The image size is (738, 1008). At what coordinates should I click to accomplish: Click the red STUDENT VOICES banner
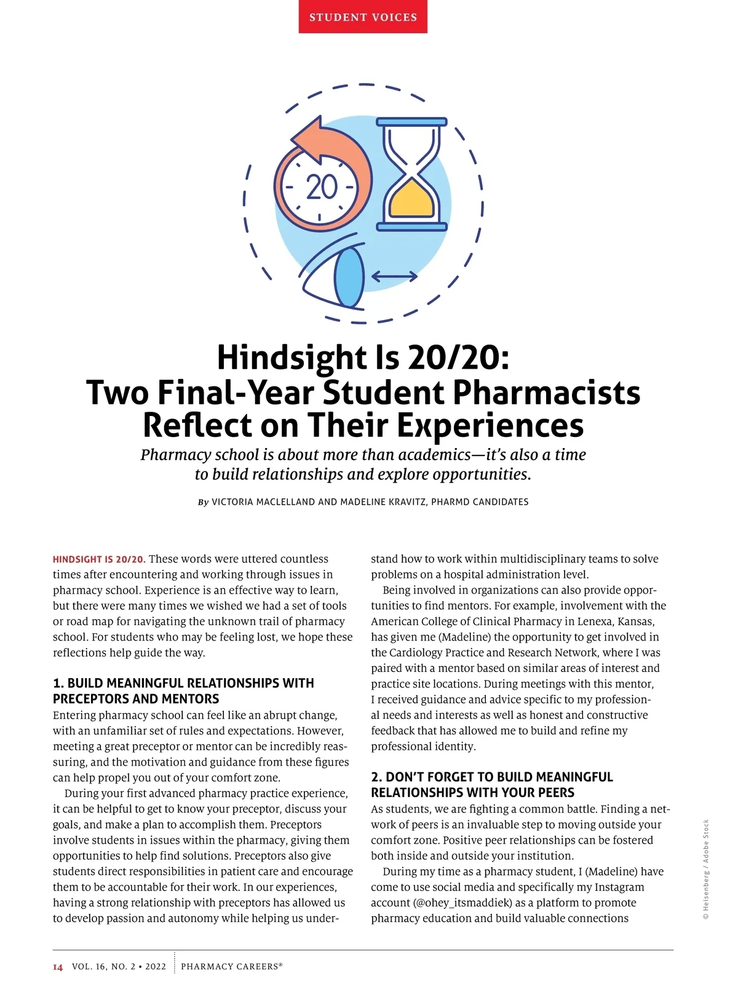[363, 17]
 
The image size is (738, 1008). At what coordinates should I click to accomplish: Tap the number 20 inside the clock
[322, 187]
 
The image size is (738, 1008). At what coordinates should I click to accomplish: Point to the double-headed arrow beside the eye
[394, 277]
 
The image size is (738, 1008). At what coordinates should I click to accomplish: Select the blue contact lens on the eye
[349, 277]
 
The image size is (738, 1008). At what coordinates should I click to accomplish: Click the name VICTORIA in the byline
[232, 502]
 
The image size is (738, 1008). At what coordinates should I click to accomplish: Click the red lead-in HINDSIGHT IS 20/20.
[99, 559]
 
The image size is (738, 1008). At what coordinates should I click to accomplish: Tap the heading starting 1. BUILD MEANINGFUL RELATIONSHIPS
[183, 684]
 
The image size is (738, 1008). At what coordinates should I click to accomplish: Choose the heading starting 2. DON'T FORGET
[491, 777]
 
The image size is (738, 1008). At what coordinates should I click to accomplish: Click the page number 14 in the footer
[58, 967]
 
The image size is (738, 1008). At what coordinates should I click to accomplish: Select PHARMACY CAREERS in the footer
[231, 967]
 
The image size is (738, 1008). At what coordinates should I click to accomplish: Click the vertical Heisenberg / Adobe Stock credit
[706, 869]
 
